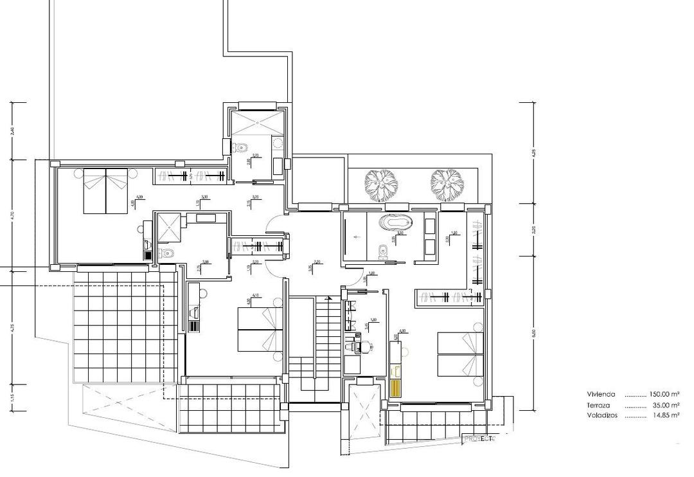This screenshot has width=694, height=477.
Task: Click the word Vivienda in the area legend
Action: click(x=601, y=395)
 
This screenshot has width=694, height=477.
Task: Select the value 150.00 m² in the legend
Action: click(x=665, y=395)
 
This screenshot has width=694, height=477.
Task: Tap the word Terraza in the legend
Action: click(x=599, y=406)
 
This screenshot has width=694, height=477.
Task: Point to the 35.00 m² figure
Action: click(x=667, y=406)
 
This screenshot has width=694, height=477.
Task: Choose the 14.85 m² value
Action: click(x=667, y=416)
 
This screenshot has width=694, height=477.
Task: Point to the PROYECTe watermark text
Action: click(x=480, y=439)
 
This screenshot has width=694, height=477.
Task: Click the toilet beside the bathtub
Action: click(x=384, y=251)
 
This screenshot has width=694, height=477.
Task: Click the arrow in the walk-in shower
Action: click(x=355, y=236)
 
